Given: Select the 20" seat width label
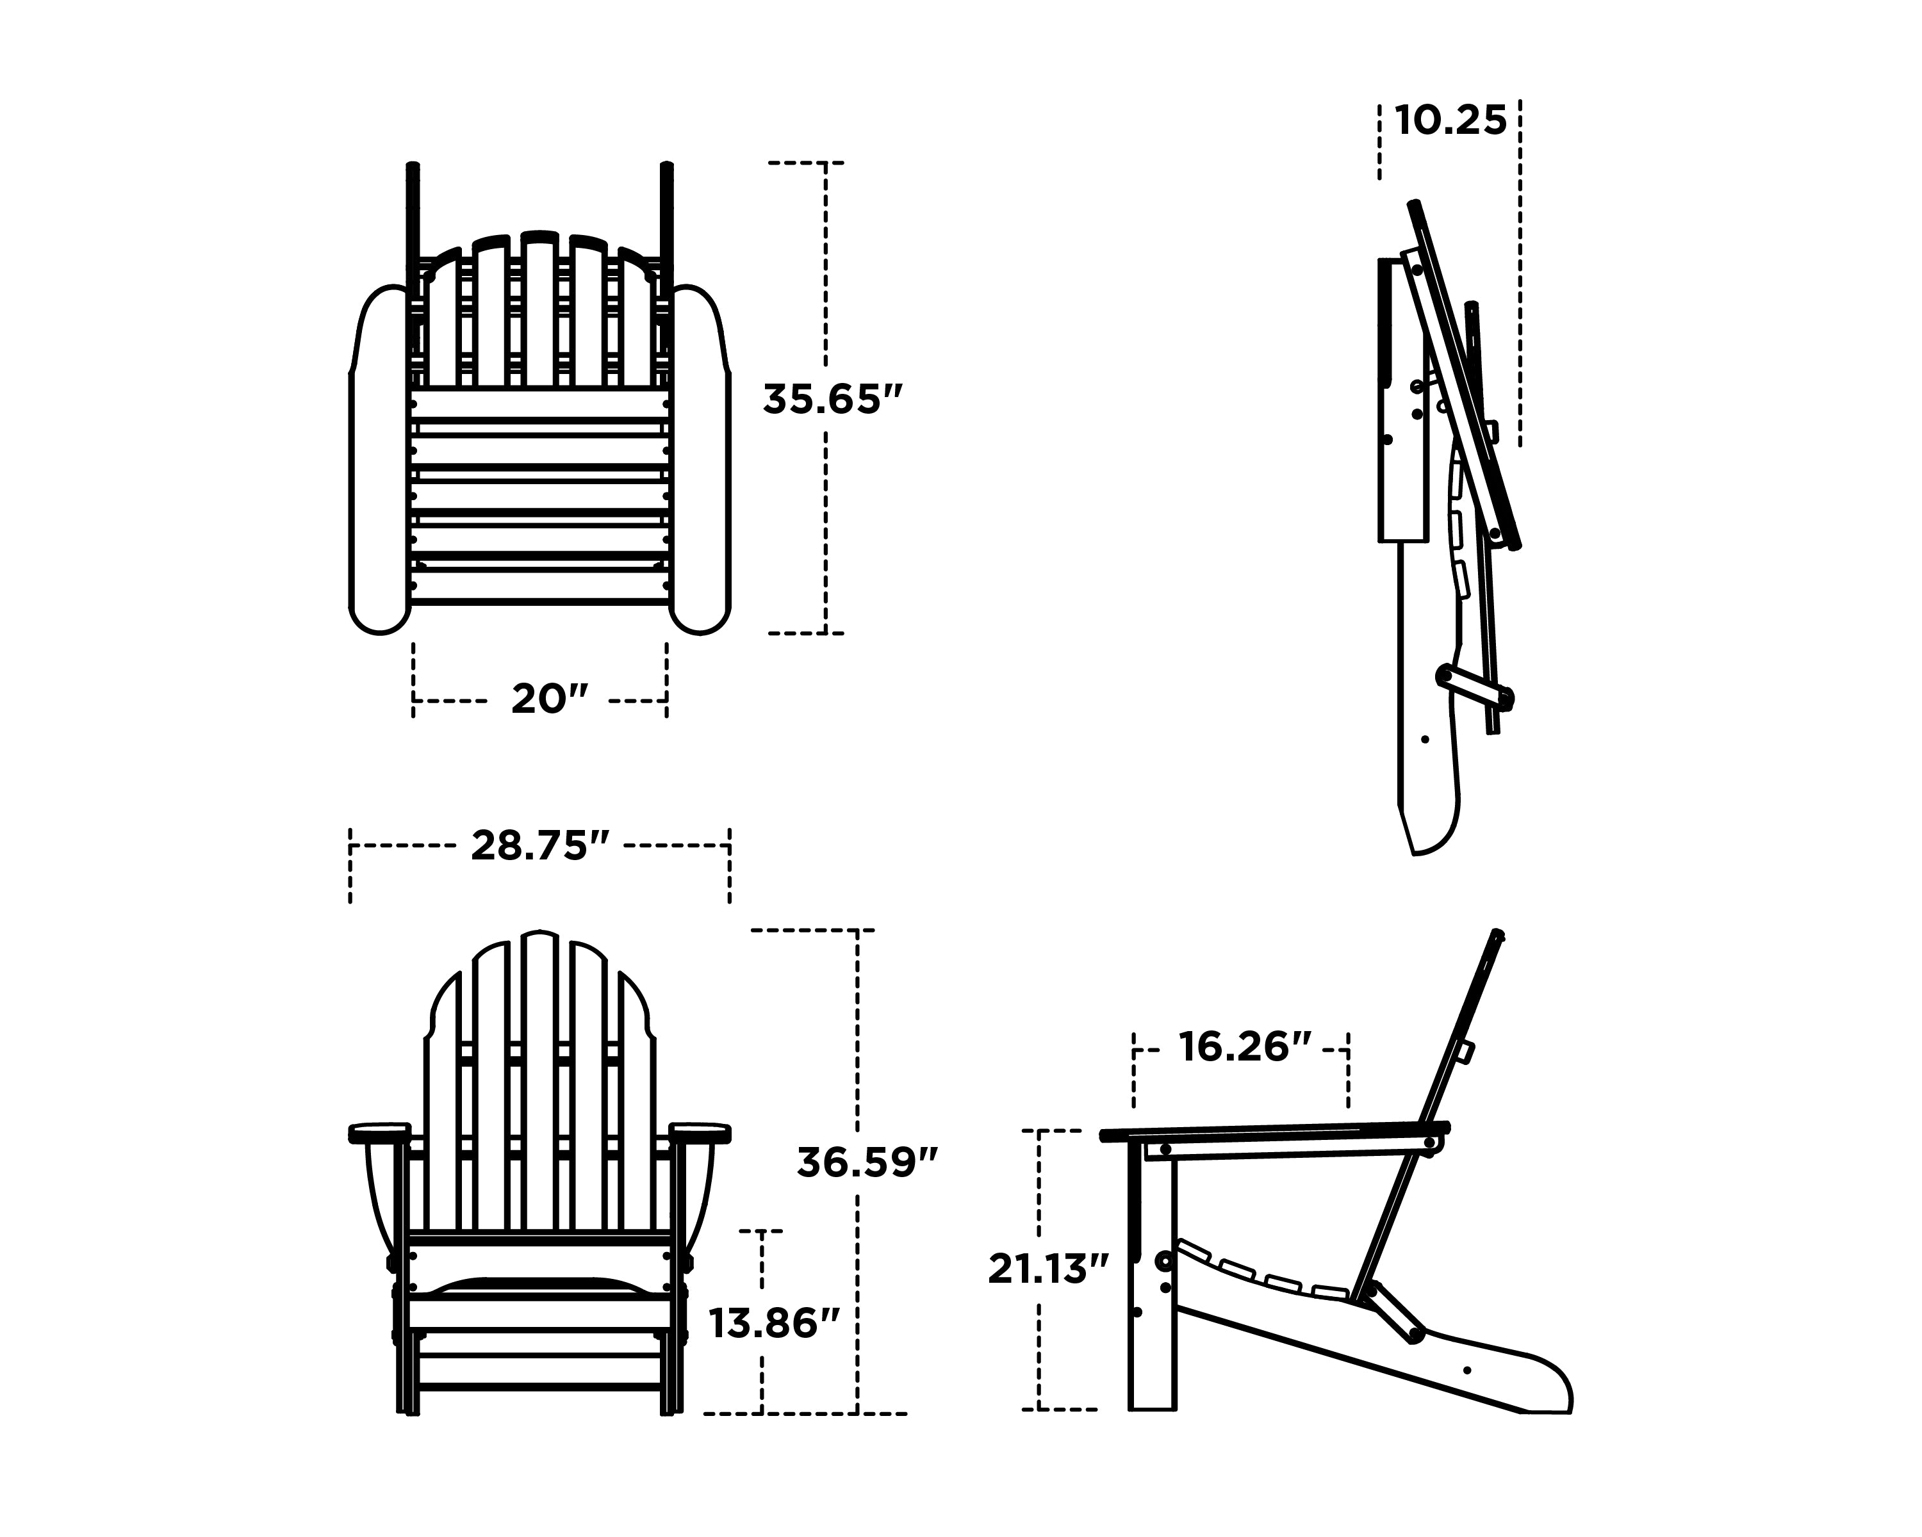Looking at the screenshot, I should pos(549,699).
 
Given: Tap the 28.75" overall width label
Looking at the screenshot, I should pos(540,845).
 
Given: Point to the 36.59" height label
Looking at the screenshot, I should pos(867,1163).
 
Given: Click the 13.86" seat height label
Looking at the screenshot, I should pos(774,1323).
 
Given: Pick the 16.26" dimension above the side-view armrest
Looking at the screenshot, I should pos(1244,1047).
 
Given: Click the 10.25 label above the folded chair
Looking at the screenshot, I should pos(1450,120).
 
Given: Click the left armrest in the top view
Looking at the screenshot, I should pos(378,463).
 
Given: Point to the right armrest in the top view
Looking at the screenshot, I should pos(701,463).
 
